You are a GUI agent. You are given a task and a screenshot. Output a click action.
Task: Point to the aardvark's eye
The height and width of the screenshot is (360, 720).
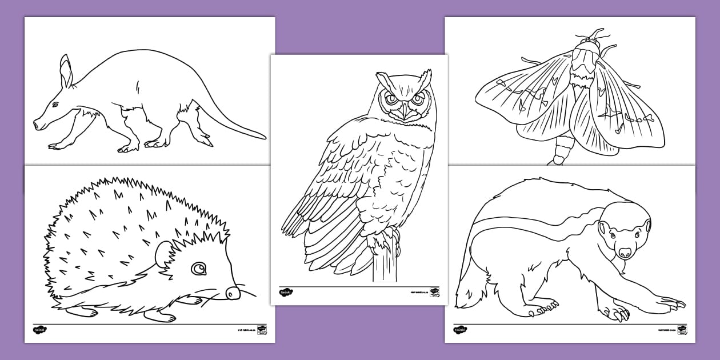(55, 105)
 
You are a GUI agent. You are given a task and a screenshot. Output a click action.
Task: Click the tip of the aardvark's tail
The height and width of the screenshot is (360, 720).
(263, 137)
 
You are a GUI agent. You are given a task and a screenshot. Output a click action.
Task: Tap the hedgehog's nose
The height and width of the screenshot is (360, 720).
(232, 293)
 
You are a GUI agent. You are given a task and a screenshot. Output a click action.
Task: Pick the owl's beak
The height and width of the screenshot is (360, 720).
(405, 110)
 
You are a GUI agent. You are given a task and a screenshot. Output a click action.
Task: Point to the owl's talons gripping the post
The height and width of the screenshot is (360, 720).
(382, 242)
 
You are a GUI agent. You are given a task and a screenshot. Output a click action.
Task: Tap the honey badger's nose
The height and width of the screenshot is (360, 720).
(625, 251)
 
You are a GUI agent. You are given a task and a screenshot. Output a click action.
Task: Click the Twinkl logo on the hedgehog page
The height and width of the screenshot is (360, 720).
(39, 330)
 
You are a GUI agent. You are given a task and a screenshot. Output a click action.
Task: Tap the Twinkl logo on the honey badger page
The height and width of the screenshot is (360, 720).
(460, 330)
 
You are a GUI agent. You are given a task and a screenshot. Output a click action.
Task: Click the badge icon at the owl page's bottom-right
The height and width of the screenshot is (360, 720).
(434, 292)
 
